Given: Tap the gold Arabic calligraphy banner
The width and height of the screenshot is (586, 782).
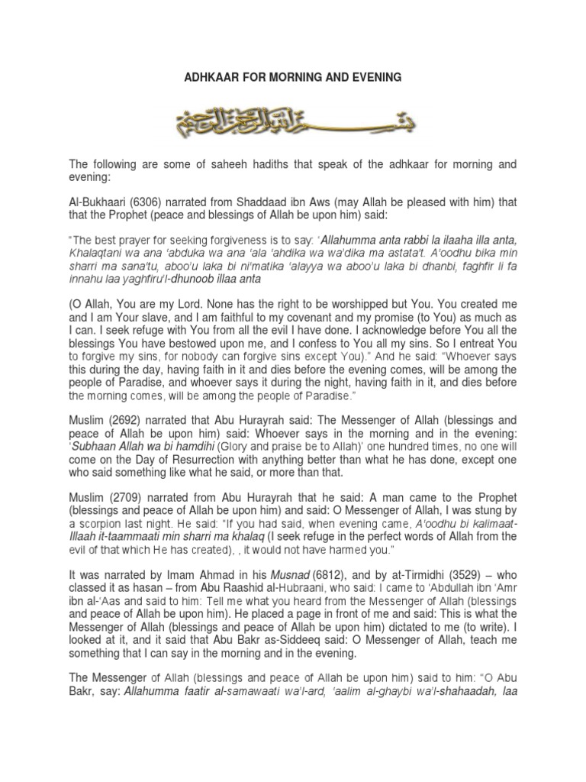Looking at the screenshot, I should tap(293, 121).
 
